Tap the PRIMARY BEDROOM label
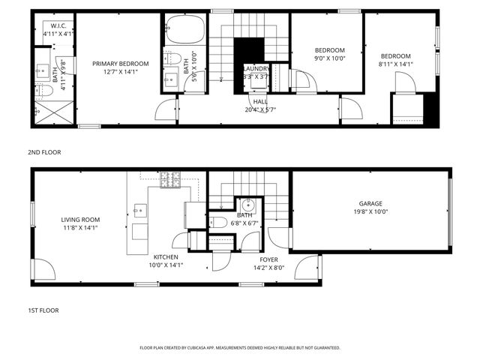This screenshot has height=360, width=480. pos(121,64)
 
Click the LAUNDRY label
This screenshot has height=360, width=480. pos(256,67)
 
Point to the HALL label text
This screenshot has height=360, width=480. pos(260,101)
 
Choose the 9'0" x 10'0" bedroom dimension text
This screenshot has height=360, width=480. pos(329,58)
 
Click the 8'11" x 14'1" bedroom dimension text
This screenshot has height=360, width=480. pos(395,64)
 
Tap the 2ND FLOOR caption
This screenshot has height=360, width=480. pos(44,152)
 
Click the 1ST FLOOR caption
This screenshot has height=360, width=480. pos(43,310)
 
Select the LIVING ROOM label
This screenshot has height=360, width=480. pos(80,219)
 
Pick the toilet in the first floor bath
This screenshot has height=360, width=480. pos(217,221)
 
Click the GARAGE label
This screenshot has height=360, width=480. pos(370,203)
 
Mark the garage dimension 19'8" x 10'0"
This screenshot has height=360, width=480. pos(370,211)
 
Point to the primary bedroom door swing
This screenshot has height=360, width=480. pos(165,110)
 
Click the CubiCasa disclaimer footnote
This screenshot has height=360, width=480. pos(240,348)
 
